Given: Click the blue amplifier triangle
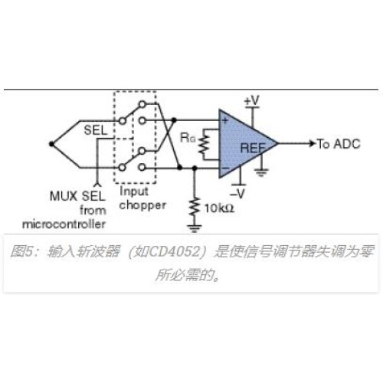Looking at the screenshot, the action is [x=243, y=144].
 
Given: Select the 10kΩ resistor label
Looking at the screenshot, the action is [x=219, y=208].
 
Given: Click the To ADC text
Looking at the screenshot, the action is [x=339, y=144].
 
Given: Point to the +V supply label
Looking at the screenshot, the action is [x=252, y=100].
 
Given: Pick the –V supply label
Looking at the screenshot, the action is [x=237, y=193].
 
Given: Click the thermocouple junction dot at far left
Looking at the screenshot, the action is [x=51, y=144].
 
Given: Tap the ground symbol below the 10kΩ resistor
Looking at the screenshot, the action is [x=195, y=228].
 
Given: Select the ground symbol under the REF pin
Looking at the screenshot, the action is [x=261, y=173].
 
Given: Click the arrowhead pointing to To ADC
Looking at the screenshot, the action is [x=313, y=143].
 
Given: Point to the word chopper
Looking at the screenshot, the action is [x=142, y=205].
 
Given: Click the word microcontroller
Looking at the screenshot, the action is [x=64, y=224].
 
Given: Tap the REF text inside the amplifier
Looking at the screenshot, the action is [x=253, y=149].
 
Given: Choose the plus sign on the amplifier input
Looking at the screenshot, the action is [x=225, y=120].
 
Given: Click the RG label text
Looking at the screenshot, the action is [x=188, y=138].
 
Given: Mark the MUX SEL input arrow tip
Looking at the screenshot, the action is [x=97, y=183].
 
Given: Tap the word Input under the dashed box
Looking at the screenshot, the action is [x=134, y=191].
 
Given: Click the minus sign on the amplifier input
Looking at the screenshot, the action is [x=225, y=169].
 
